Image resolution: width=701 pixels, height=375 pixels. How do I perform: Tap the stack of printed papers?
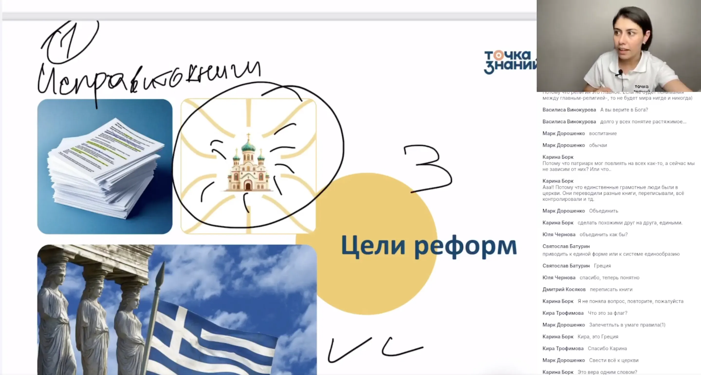point(105,166)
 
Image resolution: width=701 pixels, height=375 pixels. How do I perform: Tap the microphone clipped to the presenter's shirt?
point(620,73)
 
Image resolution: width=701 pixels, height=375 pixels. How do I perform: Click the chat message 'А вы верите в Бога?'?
point(624,110)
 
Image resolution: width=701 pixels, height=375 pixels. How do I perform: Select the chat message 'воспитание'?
point(603,133)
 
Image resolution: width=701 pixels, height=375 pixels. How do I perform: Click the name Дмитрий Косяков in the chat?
point(564,290)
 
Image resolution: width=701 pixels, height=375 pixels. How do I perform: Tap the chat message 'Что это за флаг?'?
point(607,313)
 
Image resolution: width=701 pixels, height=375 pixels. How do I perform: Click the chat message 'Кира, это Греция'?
point(598,337)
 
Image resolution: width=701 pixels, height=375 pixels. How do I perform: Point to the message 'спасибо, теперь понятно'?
point(609,278)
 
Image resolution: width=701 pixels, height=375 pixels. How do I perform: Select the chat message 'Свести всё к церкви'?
point(614,360)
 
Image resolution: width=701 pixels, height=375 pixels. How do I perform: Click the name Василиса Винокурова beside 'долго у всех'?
point(569,122)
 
